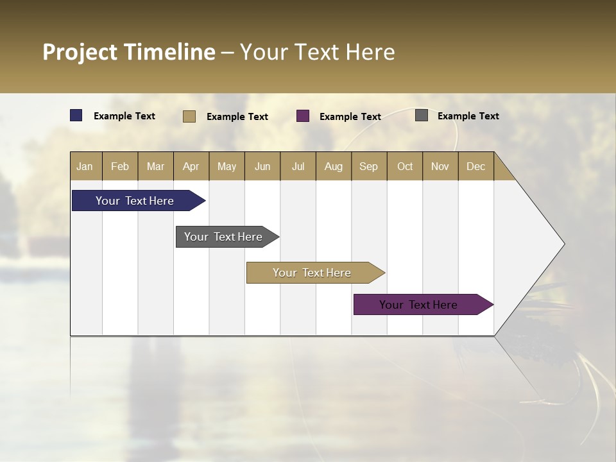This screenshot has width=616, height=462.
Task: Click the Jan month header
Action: click(85, 166)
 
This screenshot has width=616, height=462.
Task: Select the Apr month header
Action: click(191, 166)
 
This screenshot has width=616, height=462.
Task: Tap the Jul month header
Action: click(298, 166)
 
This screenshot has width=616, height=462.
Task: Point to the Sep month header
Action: click(368, 166)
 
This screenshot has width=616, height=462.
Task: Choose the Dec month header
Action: click(475, 166)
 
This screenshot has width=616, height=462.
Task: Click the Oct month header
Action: click(404, 166)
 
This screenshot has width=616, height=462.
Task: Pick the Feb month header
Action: click(120, 166)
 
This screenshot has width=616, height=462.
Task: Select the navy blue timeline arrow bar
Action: click(135, 201)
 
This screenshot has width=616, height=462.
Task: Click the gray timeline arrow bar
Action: click(223, 237)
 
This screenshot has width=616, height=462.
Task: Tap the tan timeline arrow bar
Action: click(312, 273)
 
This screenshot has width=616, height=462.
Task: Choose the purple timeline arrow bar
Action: click(418, 305)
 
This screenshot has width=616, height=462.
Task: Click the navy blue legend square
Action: click(76, 116)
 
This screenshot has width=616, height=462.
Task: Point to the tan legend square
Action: click(189, 116)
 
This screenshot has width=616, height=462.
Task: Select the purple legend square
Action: click(303, 116)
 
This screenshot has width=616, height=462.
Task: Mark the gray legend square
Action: click(422, 116)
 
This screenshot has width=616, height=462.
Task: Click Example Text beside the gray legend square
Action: click(468, 116)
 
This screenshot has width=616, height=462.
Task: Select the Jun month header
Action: click(262, 166)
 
